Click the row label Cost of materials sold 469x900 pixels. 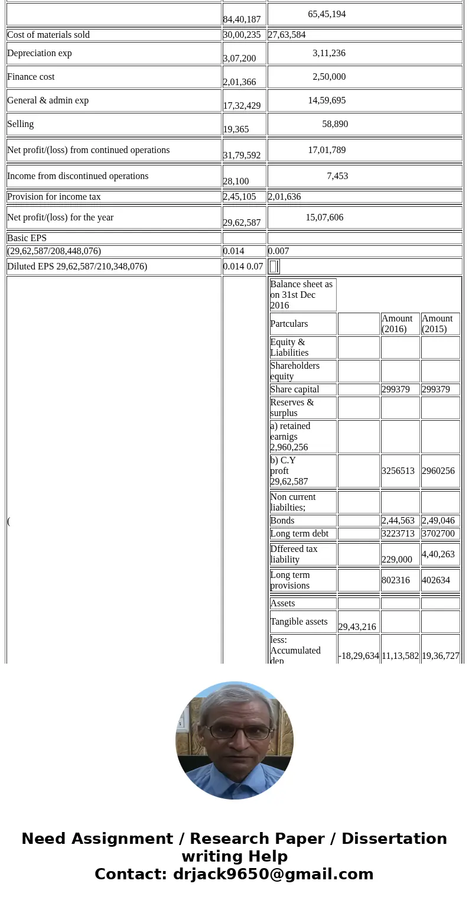pos(48,35)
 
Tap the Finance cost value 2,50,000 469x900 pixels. pos(329,77)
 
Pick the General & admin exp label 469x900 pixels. pos(48,100)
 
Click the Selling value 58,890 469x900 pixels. pos(335,124)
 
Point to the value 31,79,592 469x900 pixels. pos(242,155)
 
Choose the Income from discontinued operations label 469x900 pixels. pos(77,176)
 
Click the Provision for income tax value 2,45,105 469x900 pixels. pos(239,197)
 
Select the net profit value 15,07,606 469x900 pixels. pos(324,217)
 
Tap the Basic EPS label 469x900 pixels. pos(27,238)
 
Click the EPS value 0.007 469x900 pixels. pos(279,251)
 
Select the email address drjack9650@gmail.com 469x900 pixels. pos(273,874)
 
